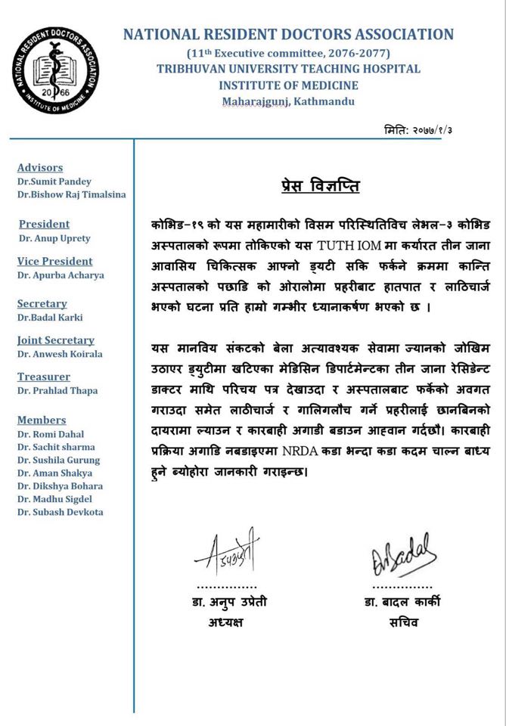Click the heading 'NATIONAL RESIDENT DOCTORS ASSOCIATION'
[x=288, y=35]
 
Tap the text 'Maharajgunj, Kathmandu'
[x=288, y=101]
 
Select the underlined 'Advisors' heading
[x=40, y=168]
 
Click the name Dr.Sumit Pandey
[x=54, y=181]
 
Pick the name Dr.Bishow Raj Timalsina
[x=71, y=195]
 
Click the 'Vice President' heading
[x=55, y=262]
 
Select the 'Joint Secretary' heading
[x=56, y=340]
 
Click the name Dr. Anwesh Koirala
[x=60, y=354]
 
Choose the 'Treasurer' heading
[x=44, y=377]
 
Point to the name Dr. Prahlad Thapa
[x=57, y=391]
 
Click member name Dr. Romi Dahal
[x=51, y=434]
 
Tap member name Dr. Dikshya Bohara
[x=60, y=486]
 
